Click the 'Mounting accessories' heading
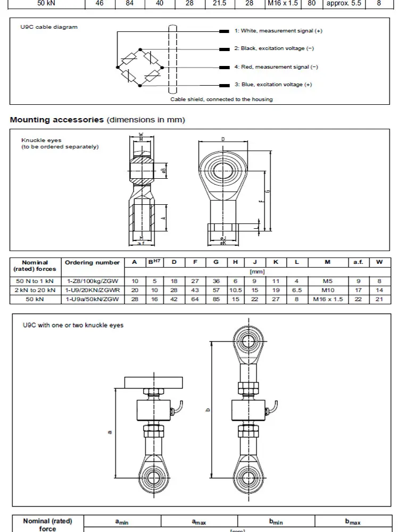coord(57,120)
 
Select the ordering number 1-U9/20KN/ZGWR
coord(93,290)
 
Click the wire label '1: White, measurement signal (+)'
coord(278,31)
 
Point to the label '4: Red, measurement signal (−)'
coord(276,67)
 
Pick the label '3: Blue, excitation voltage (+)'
coord(273,85)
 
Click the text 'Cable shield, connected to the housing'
coord(221,99)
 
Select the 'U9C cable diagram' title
coord(45,27)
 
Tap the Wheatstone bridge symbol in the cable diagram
coord(139,67)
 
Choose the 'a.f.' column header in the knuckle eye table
coord(358,262)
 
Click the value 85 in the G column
coord(216,300)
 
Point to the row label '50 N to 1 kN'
coord(35,280)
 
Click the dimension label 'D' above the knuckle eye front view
coord(223,139)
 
